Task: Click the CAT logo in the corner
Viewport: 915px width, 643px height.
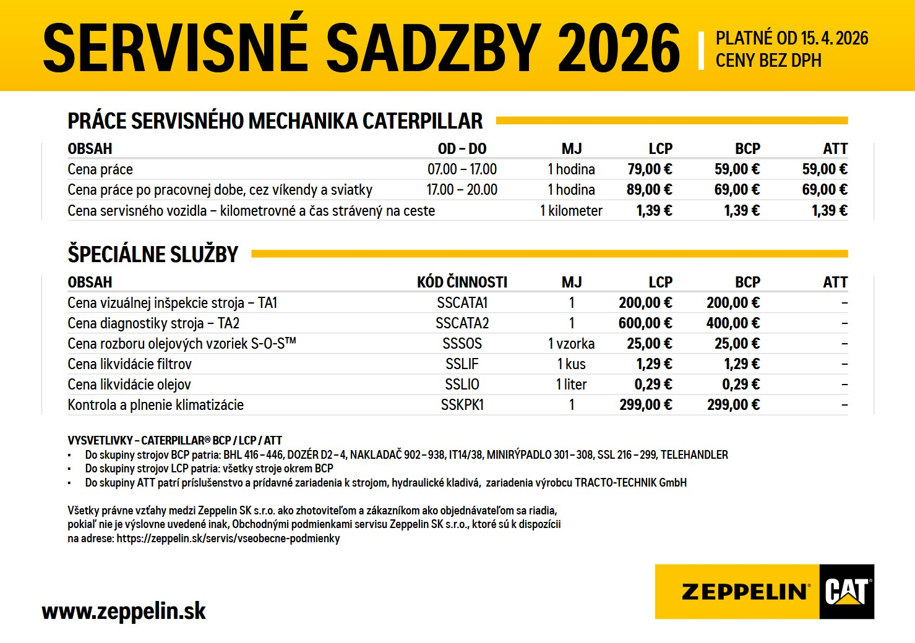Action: click(846, 592)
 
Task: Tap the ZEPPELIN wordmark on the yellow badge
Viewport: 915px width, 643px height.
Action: click(745, 592)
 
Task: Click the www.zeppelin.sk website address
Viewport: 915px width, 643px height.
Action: click(123, 611)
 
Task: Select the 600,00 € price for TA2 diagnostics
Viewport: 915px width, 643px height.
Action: click(645, 323)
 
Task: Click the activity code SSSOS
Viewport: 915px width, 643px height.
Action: click(462, 344)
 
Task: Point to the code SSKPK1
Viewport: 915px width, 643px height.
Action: click(462, 405)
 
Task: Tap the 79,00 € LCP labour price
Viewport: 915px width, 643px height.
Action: click(649, 169)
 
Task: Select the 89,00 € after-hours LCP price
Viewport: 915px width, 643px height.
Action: click(649, 190)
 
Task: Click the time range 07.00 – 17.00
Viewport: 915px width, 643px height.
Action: click(462, 169)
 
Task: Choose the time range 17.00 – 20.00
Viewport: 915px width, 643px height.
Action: click(462, 190)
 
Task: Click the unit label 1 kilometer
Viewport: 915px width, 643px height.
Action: click(571, 211)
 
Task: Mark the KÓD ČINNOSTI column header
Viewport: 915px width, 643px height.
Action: click(462, 283)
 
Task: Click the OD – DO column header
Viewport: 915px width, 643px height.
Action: click(462, 149)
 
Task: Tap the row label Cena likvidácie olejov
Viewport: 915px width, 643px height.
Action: click(129, 385)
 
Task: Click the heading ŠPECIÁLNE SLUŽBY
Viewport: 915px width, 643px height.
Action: click(153, 254)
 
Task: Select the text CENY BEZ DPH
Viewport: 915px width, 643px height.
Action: click(768, 61)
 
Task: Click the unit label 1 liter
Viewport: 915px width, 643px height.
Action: click(571, 385)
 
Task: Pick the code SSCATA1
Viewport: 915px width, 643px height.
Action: click(462, 303)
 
